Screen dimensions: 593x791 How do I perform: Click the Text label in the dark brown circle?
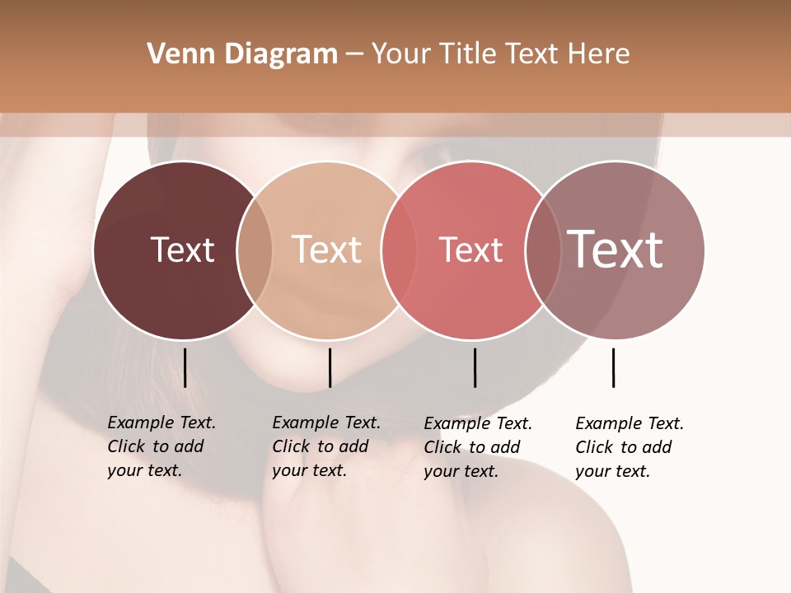pos(182,250)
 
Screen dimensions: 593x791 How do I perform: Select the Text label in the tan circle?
pos(327,250)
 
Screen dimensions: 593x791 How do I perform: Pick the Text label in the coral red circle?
pos(470,250)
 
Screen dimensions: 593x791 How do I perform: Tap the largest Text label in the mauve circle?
pos(615,250)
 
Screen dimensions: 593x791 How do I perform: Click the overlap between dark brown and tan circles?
pos(255,250)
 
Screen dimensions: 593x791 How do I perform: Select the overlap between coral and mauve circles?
pos(543,250)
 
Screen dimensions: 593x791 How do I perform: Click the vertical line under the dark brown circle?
pos(185,367)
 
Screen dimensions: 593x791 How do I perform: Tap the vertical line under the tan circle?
pos(330,367)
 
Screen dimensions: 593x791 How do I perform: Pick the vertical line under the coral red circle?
pos(475,367)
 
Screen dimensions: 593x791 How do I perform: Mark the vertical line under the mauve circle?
pos(613,367)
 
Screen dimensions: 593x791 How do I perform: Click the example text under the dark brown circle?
pos(161,446)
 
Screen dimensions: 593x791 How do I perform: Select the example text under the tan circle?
pos(325,446)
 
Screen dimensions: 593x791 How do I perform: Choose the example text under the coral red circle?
pos(477,447)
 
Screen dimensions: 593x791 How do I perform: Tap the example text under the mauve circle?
pos(629,447)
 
